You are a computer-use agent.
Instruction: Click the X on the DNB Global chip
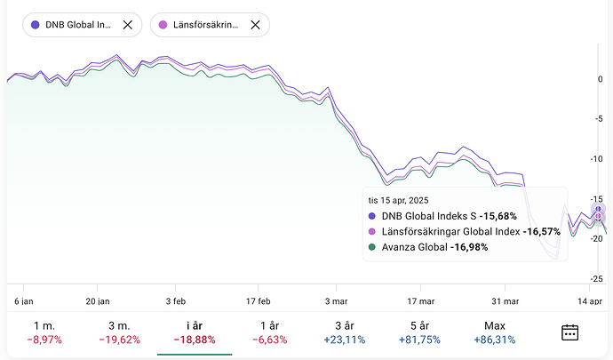[127, 25]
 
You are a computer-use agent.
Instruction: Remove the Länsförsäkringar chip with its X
[255, 25]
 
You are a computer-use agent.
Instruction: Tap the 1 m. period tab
[44, 332]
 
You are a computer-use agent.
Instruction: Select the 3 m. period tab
[119, 332]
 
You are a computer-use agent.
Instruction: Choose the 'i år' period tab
[195, 332]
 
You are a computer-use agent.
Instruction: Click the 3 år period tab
[345, 332]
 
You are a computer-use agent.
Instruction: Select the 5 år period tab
[420, 332]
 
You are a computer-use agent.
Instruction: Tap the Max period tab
[496, 332]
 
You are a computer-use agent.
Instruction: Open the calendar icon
[570, 332]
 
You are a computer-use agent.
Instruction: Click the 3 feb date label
[176, 300]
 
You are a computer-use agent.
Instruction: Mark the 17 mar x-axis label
[419, 300]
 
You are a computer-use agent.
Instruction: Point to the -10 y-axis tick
[598, 159]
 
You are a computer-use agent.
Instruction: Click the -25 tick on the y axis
[598, 279]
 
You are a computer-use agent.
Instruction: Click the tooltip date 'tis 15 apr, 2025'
[405, 201]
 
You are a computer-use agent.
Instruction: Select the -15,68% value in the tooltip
[498, 216]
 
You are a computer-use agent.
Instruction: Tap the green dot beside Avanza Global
[371, 246]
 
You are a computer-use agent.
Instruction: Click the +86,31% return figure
[496, 340]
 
